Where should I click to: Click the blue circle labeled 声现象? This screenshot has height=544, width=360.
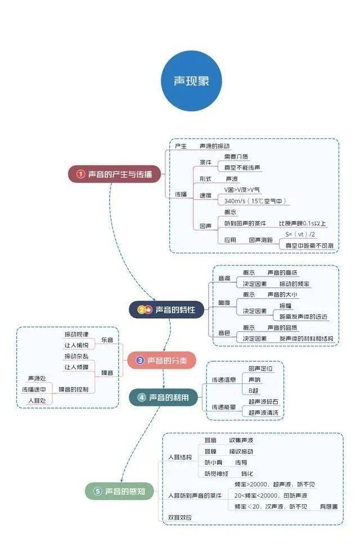pos(191,80)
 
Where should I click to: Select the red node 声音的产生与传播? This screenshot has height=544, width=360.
pos(114,174)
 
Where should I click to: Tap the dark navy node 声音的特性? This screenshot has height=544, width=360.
pos(166,309)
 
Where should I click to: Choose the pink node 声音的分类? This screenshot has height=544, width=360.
pos(161,361)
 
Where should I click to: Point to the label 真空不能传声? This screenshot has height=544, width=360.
pos(242,167)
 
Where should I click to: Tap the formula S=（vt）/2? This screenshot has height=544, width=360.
pos(300,234)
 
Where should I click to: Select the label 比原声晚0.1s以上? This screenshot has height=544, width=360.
pos(302,223)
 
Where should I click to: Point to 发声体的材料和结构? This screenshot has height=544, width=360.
pos(306,339)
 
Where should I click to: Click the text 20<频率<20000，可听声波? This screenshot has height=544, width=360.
pos(271,496)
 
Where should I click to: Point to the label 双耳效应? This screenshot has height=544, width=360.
pos(180,517)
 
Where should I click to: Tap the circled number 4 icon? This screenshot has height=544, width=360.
pos(142,397)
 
